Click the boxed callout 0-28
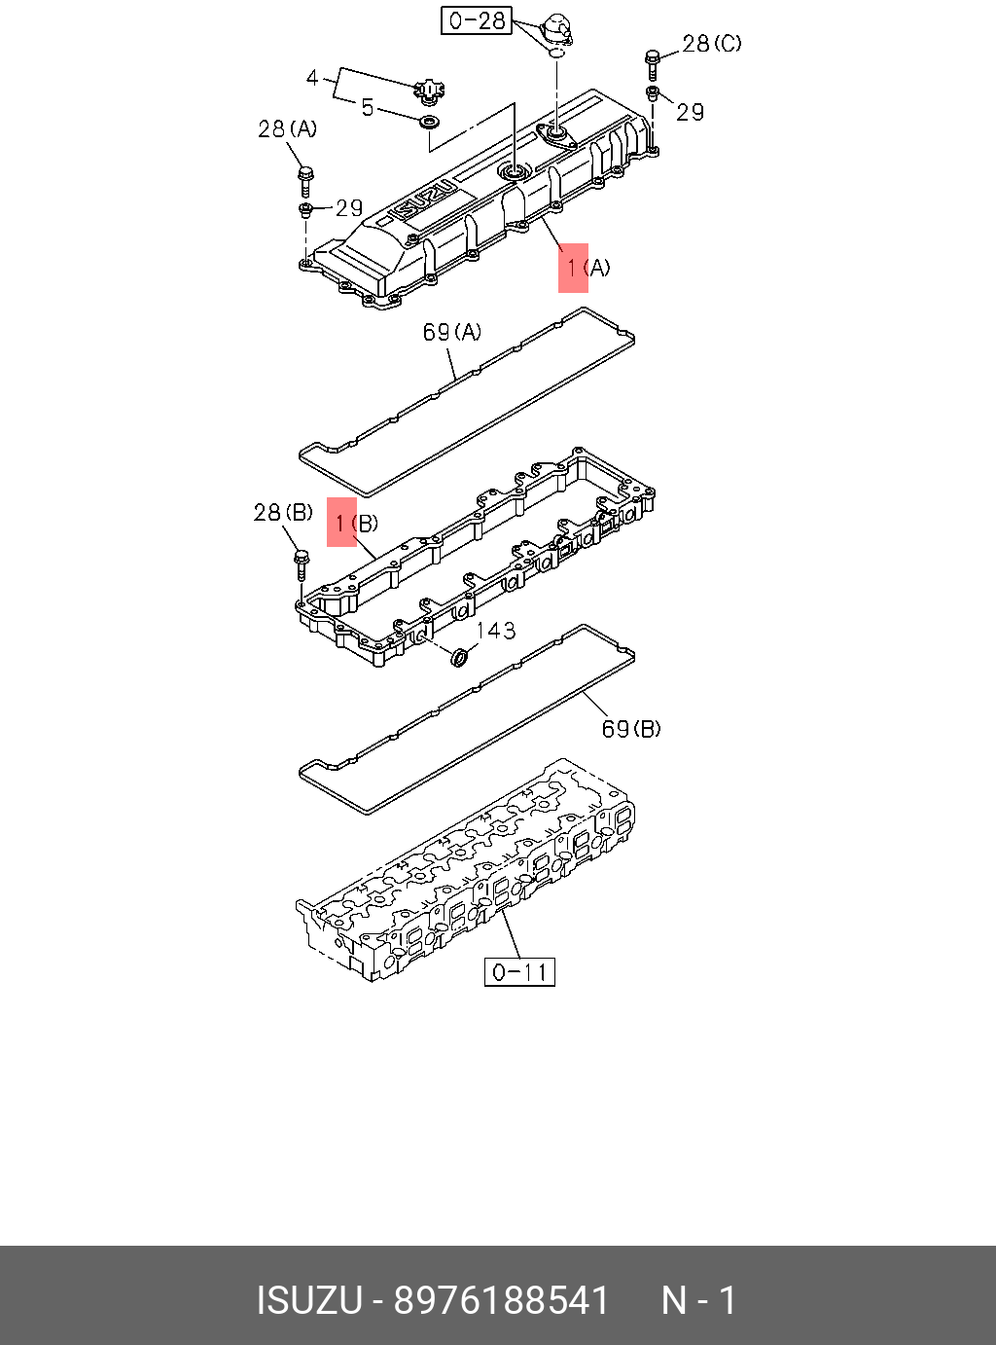point(477,20)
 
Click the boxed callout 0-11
point(519,971)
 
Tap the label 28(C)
point(711,44)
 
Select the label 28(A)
point(287,128)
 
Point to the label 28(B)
point(283,513)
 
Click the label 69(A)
point(451,333)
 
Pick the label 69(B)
point(631,729)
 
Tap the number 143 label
point(496,631)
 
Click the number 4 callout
point(312,77)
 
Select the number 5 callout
point(367,107)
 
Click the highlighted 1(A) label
point(587,268)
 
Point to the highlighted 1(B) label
point(355,524)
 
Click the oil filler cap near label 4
point(426,91)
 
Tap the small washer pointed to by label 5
point(428,121)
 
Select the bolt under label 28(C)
point(652,64)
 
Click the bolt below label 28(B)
point(301,565)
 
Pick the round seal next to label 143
point(460,659)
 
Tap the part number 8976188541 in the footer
point(501,1300)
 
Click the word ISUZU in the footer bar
point(308,1300)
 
